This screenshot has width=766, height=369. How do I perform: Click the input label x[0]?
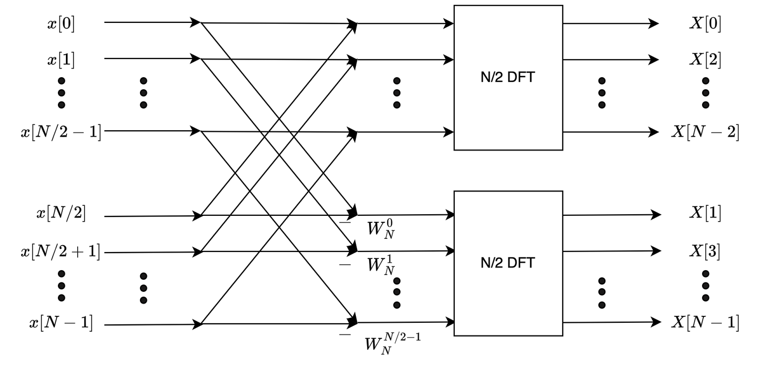pyautogui.click(x=61, y=24)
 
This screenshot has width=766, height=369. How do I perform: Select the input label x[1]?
pyautogui.click(x=61, y=60)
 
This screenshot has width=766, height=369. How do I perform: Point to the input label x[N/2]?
pyautogui.click(x=61, y=214)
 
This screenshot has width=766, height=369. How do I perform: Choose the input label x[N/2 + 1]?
pyautogui.click(x=61, y=251)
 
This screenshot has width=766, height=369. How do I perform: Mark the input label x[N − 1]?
pyautogui.click(x=61, y=323)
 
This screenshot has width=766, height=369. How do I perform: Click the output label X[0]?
pyautogui.click(x=705, y=24)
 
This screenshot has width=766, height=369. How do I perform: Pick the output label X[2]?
pyautogui.click(x=705, y=60)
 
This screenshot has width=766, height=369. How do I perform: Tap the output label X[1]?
pyautogui.click(x=705, y=214)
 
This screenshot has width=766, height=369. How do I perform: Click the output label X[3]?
pyautogui.click(x=705, y=250)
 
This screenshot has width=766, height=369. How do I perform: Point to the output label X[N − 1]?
pyautogui.click(x=705, y=322)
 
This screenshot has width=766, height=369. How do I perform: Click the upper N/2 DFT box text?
pyautogui.click(x=507, y=78)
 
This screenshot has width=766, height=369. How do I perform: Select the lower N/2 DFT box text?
pyautogui.click(x=507, y=263)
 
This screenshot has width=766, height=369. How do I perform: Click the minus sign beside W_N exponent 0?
pyautogui.click(x=345, y=222)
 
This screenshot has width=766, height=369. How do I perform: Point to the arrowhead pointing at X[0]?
pyautogui.click(x=654, y=24)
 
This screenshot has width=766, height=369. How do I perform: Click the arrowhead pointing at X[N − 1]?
pyautogui.click(x=655, y=322)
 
